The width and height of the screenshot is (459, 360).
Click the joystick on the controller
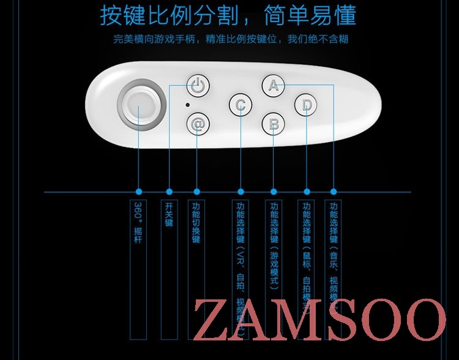[140, 108]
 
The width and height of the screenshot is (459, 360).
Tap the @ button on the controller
[197, 124]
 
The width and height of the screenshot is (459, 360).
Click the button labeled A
[274, 86]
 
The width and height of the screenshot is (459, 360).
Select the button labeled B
[274, 124]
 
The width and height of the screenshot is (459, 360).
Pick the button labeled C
[241, 105]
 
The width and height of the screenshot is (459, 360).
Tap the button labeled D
[306, 105]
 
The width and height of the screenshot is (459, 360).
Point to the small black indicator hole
[187, 105]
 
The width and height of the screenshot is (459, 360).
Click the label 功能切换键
[196, 223]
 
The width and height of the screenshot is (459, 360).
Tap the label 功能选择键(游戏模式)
[274, 245]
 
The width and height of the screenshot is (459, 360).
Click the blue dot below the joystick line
[140, 192]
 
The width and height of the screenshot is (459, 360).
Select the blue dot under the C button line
[241, 192]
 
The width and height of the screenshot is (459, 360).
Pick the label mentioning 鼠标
[307, 251]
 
